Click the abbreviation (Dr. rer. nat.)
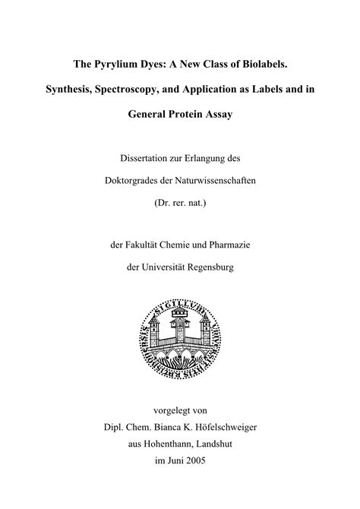[x=180, y=202]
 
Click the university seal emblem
[x=180, y=334]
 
